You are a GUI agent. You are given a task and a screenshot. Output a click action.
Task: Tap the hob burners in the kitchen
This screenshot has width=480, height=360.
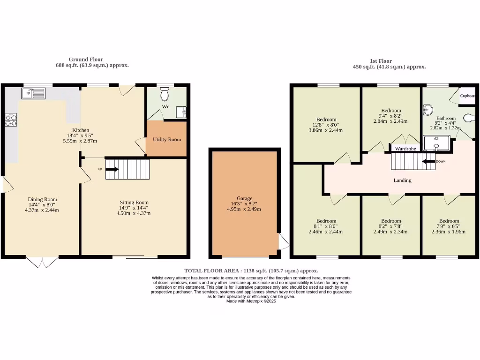tap(10, 121)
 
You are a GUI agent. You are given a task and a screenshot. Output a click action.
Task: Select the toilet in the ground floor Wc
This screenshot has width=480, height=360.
tap(164, 95)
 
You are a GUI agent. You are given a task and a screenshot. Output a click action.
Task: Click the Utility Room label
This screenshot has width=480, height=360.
tap(167, 139)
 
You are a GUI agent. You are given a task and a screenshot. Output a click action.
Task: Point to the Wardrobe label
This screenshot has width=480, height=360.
tap(406, 149)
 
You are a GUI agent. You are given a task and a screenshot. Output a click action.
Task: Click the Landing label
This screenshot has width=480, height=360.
tap(402, 180)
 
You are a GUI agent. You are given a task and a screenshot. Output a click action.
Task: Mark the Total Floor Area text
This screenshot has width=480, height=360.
tap(251, 270)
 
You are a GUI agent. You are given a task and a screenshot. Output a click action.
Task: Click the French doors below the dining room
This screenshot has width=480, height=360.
tap(42, 262)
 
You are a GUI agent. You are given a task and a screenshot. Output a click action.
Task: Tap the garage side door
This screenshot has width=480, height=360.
tap(283, 241)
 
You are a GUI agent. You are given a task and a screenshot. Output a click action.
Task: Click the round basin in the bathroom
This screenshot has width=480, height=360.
tap(427, 111)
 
